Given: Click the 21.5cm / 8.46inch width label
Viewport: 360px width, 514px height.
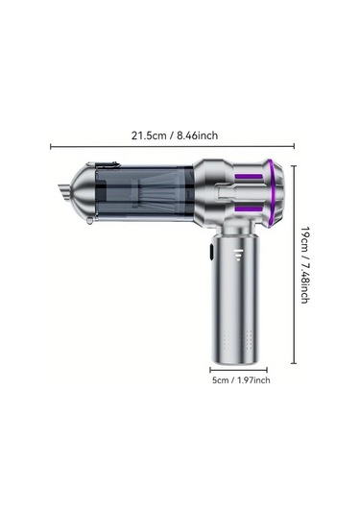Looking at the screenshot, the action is (175, 135).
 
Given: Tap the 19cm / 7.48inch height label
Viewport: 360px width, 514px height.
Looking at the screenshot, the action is (305, 264).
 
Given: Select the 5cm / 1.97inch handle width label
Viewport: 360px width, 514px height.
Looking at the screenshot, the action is (241, 380).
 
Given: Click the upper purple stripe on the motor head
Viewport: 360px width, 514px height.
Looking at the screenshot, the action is (249, 177).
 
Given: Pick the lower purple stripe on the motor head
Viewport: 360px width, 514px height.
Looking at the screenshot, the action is (249, 209).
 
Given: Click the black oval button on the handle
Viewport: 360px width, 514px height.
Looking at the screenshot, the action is (211, 254).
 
